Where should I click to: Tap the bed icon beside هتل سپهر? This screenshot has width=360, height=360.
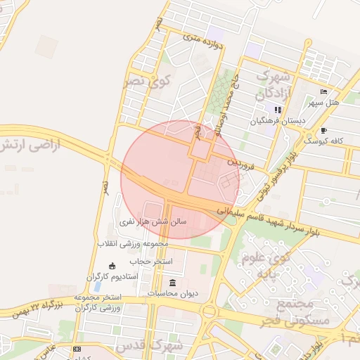[x=323, y=92]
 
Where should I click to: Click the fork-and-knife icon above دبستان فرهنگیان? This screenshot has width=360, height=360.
[x=278, y=110]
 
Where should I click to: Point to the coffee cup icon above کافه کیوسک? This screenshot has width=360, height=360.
[x=323, y=130]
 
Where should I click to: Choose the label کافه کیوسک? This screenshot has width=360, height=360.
[x=324, y=141]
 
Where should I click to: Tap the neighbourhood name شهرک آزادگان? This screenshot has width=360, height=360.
[x=261, y=84]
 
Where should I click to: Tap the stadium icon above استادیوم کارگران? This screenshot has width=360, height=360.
[x=112, y=265]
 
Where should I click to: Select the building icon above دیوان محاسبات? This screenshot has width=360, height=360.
[x=173, y=283]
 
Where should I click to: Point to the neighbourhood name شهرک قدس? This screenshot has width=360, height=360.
[x=162, y=345]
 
